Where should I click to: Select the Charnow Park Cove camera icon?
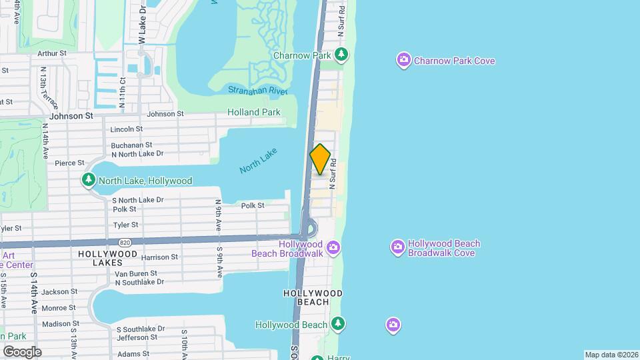(403, 61)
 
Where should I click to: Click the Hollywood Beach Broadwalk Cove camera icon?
(397, 248)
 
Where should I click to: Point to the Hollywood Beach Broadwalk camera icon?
(334, 249)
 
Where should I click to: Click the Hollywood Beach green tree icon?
(339, 324)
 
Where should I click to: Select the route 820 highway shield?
(124, 242)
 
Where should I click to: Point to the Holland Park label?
(254, 113)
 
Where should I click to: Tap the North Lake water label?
(258, 161)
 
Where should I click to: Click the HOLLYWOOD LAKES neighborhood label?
(107, 254)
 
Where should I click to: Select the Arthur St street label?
(52, 53)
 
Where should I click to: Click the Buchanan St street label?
(131, 145)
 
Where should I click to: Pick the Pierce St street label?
(69, 163)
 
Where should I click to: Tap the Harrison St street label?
(159, 257)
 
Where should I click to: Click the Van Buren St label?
(136, 273)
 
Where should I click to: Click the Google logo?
(22, 351)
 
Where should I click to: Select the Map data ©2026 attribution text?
(610, 355)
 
